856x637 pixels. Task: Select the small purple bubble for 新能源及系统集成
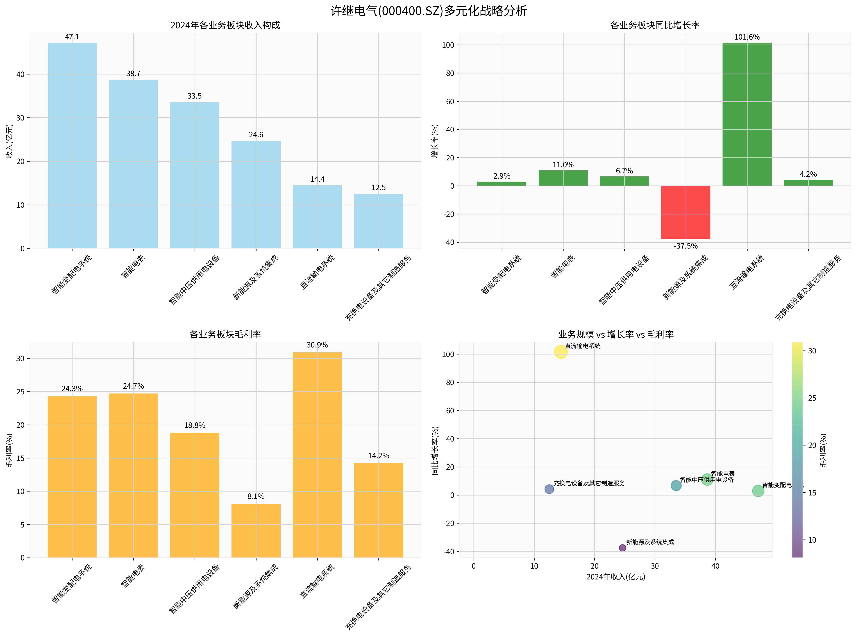622,548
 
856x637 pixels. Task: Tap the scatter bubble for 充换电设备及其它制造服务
549,489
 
